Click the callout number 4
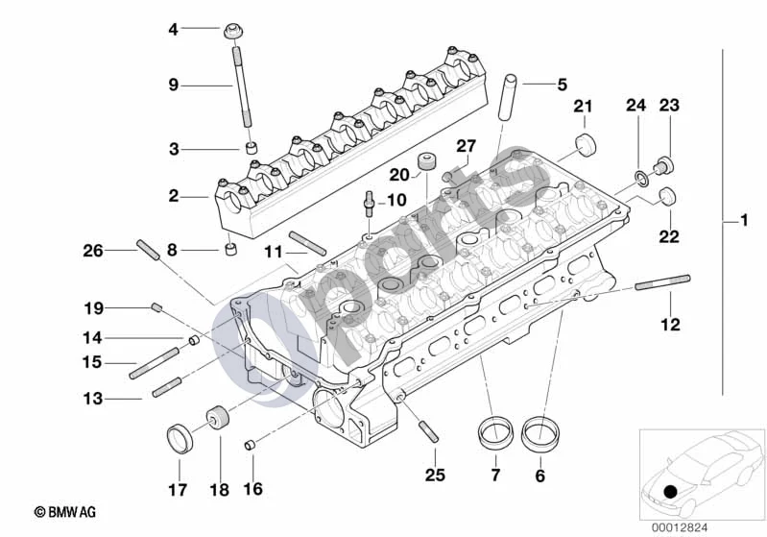(173, 30)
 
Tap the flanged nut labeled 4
(234, 32)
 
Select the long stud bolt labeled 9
(242, 86)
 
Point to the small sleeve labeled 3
(251, 147)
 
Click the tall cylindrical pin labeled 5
(508, 97)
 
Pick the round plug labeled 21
(586, 144)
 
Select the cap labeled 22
(668, 196)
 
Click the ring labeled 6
(540, 433)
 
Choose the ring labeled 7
(495, 432)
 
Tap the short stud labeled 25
(428, 432)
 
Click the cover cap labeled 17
(180, 439)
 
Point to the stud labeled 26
(148, 250)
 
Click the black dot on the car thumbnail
(671, 492)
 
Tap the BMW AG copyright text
(65, 512)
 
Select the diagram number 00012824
(679, 527)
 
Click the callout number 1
(744, 220)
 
